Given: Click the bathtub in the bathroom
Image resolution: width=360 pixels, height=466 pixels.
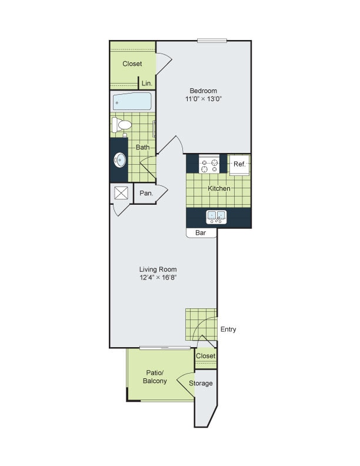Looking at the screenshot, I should (132, 102).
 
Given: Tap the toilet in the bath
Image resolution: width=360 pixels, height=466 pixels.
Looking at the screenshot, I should (122, 124).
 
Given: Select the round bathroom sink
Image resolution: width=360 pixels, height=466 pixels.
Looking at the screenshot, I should (119, 159).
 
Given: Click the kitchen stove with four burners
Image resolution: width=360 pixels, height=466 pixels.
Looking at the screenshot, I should (209, 165).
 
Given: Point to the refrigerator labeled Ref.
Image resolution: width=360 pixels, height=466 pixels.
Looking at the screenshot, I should (240, 164).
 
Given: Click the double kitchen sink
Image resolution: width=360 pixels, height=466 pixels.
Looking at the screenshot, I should (216, 217).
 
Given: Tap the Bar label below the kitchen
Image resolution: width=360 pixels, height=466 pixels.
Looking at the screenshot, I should (200, 233).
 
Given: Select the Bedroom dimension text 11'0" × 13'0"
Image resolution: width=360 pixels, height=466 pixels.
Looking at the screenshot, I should (204, 99).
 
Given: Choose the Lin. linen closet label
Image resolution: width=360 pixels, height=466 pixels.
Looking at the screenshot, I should (146, 84).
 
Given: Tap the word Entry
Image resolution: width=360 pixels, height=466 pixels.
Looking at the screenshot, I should (228, 329).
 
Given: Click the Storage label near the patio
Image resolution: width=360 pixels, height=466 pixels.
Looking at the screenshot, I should (201, 384).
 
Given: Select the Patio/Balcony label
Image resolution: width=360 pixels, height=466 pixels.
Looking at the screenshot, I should (156, 377).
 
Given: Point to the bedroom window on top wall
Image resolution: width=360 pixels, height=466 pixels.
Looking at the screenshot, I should (212, 41).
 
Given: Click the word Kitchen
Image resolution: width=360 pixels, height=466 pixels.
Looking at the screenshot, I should (219, 188).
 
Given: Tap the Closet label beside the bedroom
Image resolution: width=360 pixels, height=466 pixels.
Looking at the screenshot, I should (132, 64).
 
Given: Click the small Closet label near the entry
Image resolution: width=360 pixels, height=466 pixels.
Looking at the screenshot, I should (205, 356).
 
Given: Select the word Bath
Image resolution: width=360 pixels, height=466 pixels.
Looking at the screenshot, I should (142, 147).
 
